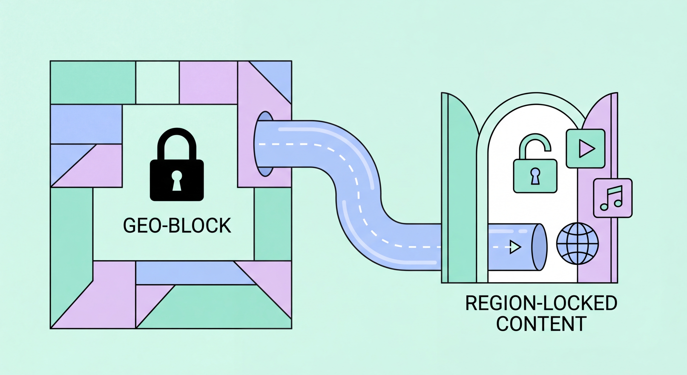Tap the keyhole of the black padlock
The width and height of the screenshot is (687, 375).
pos(177,180)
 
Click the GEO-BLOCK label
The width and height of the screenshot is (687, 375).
pos(177,226)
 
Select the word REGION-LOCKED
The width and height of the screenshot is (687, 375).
pos(541,303)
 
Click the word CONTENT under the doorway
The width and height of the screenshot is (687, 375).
pos(541,324)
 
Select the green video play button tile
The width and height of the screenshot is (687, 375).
pos(586,149)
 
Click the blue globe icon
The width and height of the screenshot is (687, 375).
pos(577,244)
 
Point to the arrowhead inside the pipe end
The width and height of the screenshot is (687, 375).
pos(515,247)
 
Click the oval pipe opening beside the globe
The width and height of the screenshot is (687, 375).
pos(539,247)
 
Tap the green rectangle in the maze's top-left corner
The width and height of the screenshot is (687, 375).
pos(93,83)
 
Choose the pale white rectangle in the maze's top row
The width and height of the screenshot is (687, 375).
pos(157,83)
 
